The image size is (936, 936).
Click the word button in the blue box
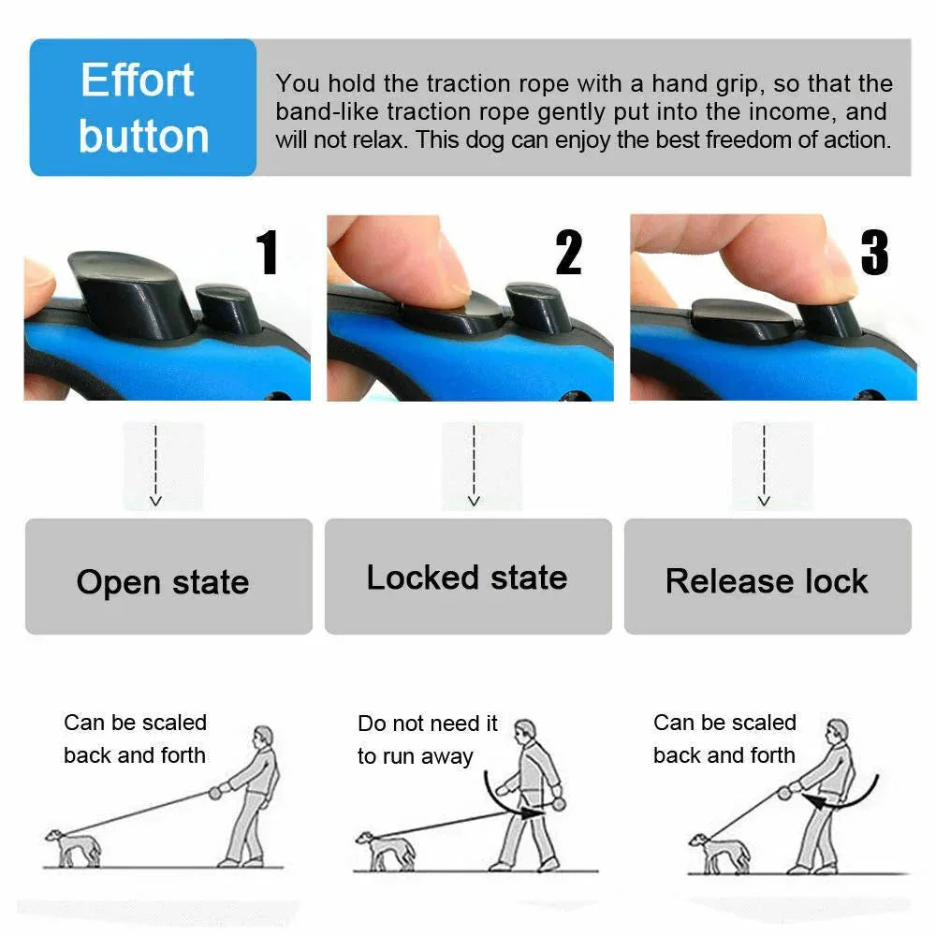pos(143,137)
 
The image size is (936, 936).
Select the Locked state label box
pos(468,577)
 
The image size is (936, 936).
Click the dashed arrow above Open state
pos(156,465)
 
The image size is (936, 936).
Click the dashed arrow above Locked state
pos(474,465)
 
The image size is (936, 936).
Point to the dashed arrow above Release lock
pos(764,465)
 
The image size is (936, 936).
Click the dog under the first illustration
pos(72,846)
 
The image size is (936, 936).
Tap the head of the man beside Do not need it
pos(526,731)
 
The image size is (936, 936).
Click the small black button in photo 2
pos(537,306)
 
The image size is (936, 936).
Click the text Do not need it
pos(428,724)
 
